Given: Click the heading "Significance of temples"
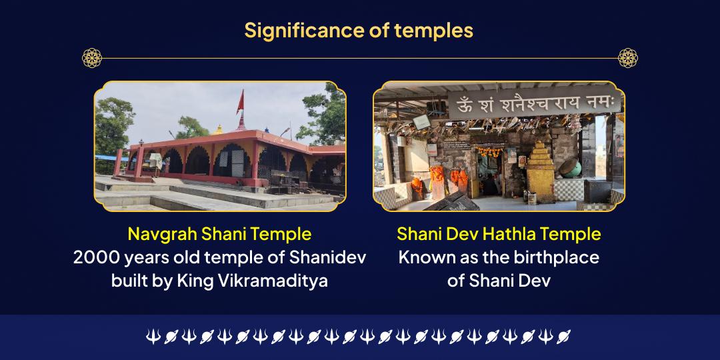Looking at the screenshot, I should pos(359,31).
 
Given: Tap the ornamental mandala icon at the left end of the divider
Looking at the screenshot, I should pos(92,58).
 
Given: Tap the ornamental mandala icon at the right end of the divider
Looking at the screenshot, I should pos(628,58).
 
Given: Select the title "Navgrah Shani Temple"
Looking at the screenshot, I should pos(219,234).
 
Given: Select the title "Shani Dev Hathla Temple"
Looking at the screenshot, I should pos(499,234).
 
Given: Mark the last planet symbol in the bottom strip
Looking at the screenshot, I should pos(563,337).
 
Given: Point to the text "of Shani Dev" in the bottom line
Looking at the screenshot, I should pos(499,280).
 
